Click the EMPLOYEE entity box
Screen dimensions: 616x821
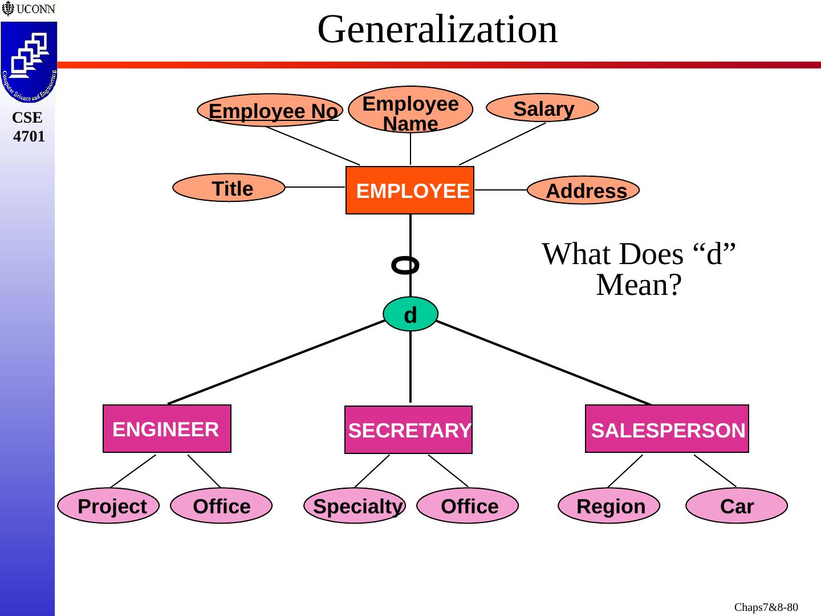tap(409, 191)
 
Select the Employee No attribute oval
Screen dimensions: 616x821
tap(270, 110)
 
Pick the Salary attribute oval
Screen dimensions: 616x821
tap(542, 108)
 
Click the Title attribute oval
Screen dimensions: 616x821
tap(229, 188)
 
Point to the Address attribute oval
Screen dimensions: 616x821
tap(583, 190)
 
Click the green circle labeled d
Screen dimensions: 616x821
tap(410, 314)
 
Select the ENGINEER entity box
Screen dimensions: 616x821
tap(166, 429)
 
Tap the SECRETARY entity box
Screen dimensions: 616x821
tap(409, 430)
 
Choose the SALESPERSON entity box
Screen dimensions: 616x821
tap(666, 429)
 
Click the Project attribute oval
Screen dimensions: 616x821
tap(109, 506)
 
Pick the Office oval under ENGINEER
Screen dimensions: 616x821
tap(221, 506)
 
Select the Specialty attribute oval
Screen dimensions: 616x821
tap(355, 506)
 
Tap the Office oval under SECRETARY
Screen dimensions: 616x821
tap(468, 506)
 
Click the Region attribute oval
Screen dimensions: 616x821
tap(609, 506)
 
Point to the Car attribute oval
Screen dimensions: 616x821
tap(736, 506)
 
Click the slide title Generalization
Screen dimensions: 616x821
tap(437, 30)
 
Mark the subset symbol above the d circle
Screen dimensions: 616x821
tap(405, 265)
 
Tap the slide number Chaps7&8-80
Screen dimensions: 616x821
tap(766, 607)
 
